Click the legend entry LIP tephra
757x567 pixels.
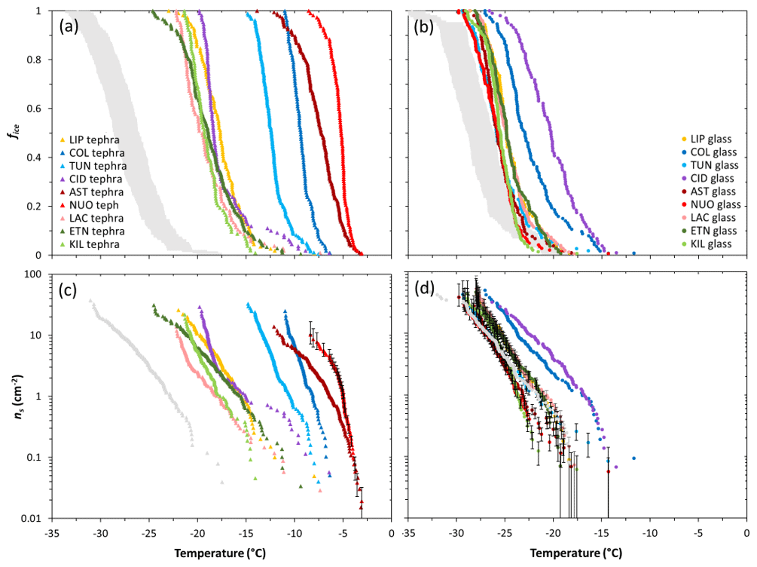[x=93, y=139]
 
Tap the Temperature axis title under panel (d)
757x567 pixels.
[x=578, y=553]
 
